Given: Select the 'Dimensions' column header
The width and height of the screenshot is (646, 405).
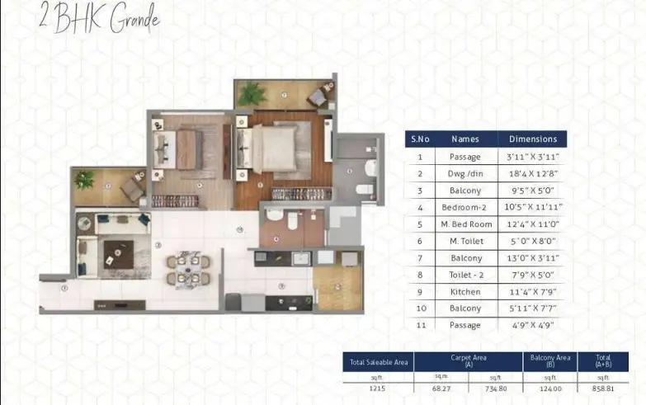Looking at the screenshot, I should coord(533,139).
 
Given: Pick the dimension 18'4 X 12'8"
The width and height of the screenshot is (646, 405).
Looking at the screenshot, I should coord(533,174).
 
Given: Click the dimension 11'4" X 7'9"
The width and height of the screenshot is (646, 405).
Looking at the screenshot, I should coord(533,291).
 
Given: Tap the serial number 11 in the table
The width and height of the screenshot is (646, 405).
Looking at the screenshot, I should coord(420,325).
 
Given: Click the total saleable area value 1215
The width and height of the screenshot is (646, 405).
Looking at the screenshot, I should coord(378,389).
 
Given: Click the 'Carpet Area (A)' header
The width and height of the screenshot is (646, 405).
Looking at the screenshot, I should coord(468,360).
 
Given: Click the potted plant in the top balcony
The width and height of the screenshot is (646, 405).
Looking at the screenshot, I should coord(251,93).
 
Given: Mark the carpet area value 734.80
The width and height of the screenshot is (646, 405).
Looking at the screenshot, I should coord(495,389).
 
